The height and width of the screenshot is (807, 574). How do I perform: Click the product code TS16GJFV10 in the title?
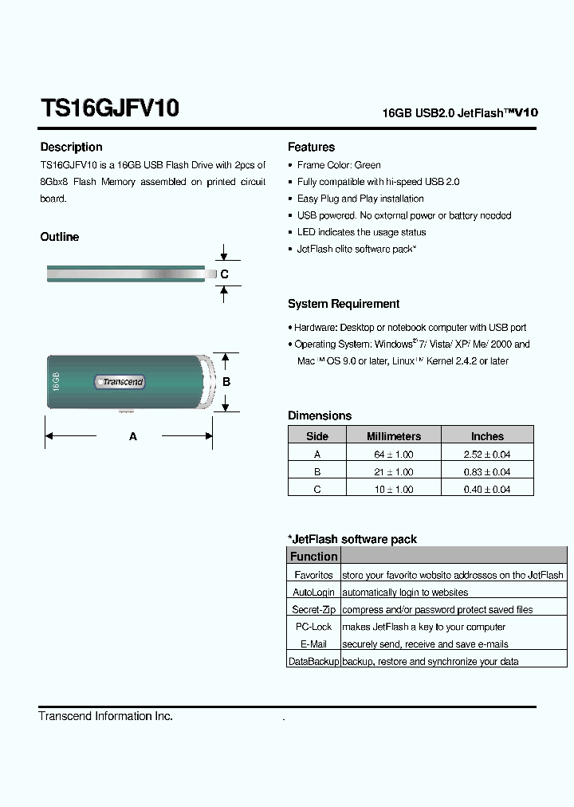coord(109,108)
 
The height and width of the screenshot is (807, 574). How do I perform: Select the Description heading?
coord(71,147)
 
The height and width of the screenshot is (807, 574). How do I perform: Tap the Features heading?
coord(311,147)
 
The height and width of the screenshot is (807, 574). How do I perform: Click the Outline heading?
coord(60,237)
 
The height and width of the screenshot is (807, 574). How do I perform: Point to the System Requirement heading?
coord(344,304)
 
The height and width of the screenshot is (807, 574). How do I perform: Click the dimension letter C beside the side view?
coord(225,274)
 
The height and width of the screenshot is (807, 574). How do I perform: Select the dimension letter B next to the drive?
coord(226,382)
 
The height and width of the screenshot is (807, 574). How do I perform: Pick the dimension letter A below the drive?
coord(133,436)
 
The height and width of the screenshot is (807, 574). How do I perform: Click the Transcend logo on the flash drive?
coord(120,382)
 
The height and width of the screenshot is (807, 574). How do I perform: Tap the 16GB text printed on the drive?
coord(56,381)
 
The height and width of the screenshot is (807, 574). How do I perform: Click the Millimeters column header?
coord(393,436)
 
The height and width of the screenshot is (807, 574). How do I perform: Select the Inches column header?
coord(487,436)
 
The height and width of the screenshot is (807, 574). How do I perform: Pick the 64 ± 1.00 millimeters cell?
coord(393,455)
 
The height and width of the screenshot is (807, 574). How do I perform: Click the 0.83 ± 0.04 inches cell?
coord(487,472)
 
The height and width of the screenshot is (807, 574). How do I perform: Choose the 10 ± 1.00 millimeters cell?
coord(393,490)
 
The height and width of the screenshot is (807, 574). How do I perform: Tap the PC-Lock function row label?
coord(313,627)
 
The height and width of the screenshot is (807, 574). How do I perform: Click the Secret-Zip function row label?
coord(313,609)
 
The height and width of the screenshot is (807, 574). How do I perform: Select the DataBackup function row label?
coord(313,661)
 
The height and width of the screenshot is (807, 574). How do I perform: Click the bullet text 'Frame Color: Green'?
coord(339,165)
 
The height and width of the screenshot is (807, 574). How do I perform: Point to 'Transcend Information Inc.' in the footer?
coord(105,716)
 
